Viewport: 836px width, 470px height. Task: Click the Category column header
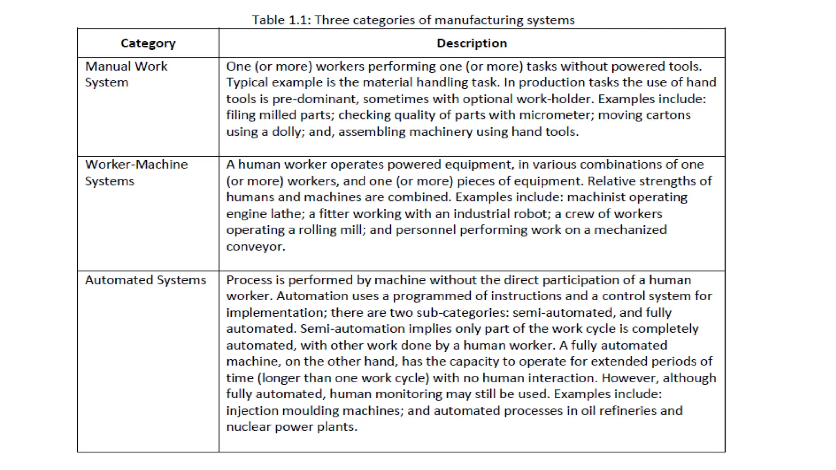(x=148, y=43)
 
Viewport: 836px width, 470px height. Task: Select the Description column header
(x=471, y=43)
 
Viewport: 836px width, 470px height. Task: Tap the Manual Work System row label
(x=126, y=74)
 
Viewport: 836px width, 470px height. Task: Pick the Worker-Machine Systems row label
(x=136, y=173)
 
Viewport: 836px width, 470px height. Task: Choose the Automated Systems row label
(x=145, y=280)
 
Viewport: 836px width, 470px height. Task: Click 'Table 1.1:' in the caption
(x=281, y=20)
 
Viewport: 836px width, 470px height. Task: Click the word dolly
(x=288, y=132)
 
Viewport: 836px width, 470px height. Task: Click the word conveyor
(x=256, y=246)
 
